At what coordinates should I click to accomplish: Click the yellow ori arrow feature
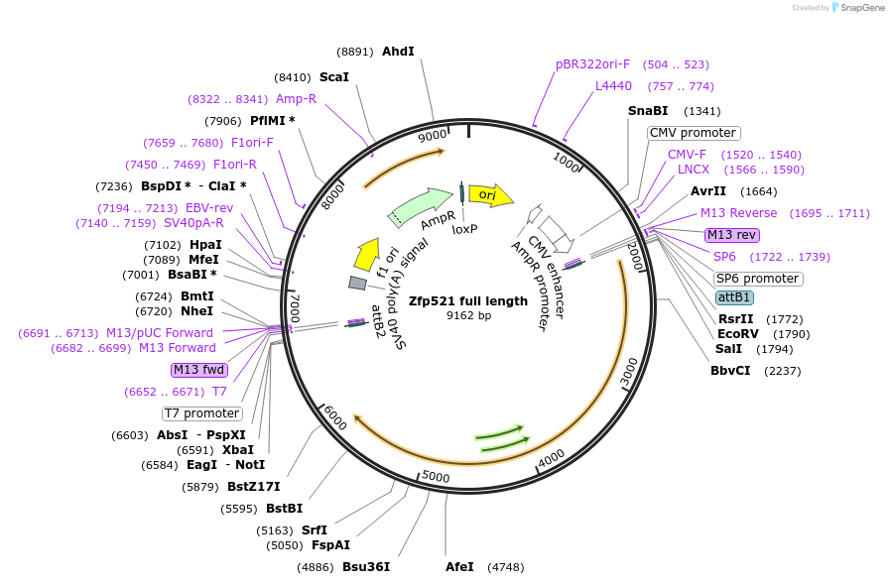490,195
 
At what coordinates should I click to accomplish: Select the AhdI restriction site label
398,52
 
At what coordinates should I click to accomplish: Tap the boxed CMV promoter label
694,133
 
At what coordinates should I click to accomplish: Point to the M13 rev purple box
731,235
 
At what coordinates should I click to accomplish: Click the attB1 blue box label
734,297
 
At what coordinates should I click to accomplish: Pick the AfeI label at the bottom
459,567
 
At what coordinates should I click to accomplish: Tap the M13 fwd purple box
198,370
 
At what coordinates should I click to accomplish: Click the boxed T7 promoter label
201,413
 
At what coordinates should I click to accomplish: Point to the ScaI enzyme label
333,76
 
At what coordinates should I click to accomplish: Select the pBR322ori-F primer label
592,64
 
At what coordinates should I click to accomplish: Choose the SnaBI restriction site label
648,111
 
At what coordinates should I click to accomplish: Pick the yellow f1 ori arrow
366,255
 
